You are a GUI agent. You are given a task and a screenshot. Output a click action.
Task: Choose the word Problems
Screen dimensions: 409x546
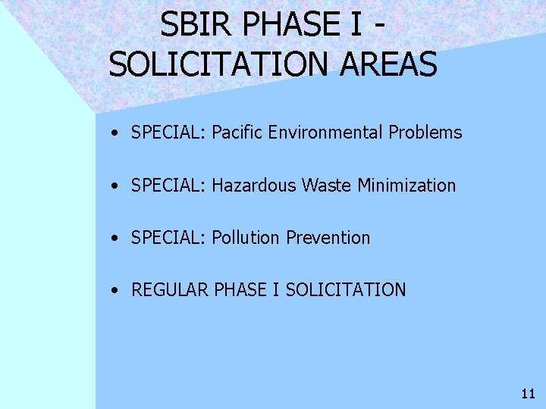point(425,133)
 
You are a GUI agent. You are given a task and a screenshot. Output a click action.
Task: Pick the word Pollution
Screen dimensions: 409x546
point(246,238)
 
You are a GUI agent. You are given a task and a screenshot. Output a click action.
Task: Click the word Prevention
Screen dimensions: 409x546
point(328,238)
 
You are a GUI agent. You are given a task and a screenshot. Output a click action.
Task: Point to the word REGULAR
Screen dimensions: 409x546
point(171,289)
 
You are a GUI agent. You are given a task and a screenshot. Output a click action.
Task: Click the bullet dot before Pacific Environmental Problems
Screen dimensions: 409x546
point(112,133)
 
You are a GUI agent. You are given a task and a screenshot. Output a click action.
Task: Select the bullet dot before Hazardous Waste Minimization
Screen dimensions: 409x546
point(112,186)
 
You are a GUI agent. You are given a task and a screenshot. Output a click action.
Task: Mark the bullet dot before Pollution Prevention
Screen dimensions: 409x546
point(112,239)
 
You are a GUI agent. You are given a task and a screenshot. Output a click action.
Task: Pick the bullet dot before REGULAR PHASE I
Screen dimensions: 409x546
point(112,290)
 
